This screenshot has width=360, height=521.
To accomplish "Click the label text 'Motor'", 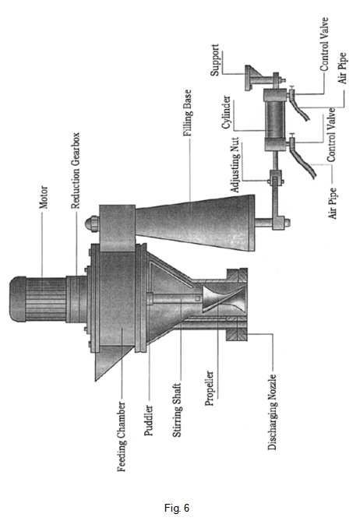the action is point(44,197).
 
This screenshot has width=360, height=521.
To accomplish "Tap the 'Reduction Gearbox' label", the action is point(76,171).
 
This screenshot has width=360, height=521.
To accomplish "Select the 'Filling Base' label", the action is point(188,113).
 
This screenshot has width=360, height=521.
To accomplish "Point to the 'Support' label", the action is point(215,60).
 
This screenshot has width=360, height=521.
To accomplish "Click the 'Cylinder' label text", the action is point(227,112).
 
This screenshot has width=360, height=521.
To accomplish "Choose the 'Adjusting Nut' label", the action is point(235,165).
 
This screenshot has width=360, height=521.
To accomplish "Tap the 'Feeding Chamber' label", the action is point(122,437).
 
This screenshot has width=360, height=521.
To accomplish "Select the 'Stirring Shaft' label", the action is point(177,410).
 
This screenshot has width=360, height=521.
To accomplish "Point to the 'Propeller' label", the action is point(210,389).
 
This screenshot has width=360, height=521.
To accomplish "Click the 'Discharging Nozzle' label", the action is point(272,412).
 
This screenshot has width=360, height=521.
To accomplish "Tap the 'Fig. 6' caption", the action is point(177,508).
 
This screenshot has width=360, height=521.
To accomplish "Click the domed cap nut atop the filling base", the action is point(93,224).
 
